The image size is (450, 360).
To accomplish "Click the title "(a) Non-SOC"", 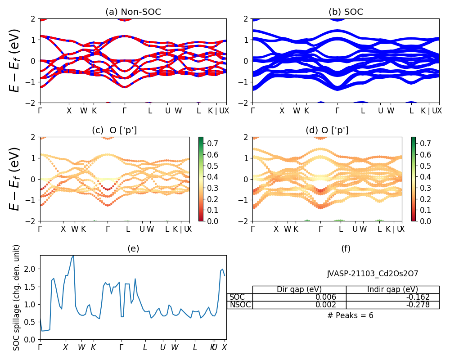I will pos(133,12).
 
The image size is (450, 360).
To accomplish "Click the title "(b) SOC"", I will pos(346,12).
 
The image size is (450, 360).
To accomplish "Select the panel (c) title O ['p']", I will pos(114,130).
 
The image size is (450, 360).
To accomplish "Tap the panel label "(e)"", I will pos(133,248).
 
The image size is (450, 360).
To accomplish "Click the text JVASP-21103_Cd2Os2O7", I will pos(373,274).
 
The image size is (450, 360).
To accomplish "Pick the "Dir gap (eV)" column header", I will pos(299,289).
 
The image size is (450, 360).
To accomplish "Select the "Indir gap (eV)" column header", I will pos(392,289).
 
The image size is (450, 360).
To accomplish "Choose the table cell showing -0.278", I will pos(418,305).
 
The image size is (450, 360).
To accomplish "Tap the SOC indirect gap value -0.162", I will pos(418,297).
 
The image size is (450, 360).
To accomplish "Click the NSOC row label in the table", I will pos(240,305).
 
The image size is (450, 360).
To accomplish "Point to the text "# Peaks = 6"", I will pos(350,315).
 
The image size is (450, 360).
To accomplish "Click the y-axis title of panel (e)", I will pos(17,297).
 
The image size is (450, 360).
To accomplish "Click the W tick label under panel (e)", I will pos(81,347).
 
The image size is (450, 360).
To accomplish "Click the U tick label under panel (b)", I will pos(380,111).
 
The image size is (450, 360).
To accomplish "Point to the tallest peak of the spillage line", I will pos(73,256).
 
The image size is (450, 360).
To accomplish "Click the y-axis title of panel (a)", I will pos(15,61).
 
